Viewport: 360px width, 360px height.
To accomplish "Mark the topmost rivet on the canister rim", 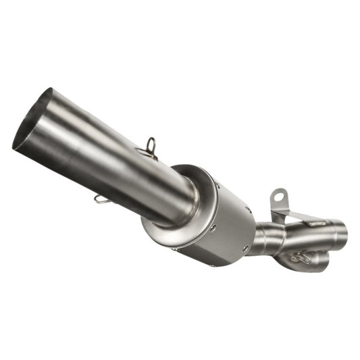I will point(217,184).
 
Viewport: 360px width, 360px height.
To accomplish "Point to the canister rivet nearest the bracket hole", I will point(248,209).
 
